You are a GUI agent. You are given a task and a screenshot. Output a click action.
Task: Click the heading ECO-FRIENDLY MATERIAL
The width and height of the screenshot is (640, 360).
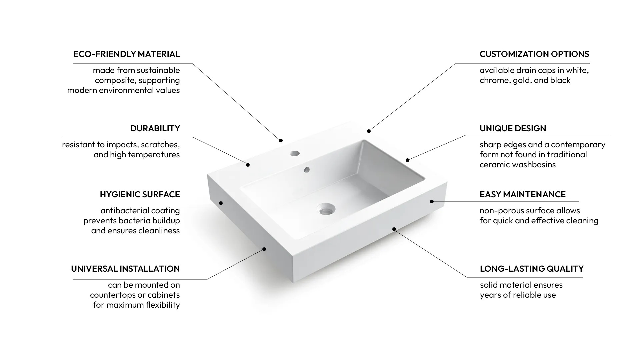126,54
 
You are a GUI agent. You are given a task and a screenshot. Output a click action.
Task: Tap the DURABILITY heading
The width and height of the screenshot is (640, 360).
155,128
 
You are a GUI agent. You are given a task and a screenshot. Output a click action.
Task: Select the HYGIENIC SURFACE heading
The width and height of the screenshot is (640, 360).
140,194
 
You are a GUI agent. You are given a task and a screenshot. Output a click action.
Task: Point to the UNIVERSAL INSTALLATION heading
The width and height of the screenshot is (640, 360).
125,269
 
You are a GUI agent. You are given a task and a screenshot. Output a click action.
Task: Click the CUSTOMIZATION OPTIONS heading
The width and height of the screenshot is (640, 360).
534,54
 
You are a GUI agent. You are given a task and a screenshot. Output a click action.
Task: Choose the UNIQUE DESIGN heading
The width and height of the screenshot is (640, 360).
513,128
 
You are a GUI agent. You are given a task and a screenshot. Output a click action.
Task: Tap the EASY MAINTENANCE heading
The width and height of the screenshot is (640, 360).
522,194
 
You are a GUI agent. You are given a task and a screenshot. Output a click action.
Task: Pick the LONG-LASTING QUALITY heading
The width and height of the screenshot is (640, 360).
532,269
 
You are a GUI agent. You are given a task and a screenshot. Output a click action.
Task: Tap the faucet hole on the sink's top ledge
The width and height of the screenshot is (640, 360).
295,154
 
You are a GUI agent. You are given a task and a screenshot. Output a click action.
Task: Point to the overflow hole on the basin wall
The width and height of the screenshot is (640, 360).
307,170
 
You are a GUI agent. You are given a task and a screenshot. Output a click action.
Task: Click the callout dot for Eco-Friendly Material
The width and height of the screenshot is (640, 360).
281,141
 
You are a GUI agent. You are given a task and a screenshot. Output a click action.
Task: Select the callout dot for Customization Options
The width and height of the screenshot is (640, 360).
369,131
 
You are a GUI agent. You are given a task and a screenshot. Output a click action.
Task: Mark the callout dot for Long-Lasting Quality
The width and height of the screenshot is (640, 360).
394,229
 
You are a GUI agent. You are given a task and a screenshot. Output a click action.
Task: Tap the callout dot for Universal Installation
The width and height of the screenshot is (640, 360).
264,249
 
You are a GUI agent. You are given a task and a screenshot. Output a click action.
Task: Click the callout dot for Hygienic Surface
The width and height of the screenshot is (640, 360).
221,203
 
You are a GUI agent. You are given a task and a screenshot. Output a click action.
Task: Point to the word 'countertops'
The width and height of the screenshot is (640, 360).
111,295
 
